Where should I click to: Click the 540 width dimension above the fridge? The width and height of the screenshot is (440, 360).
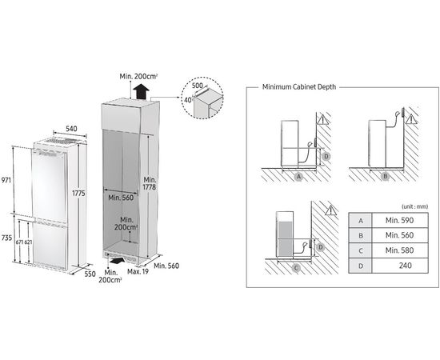coord(71,129)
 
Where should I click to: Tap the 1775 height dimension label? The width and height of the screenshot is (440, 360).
coord(78,193)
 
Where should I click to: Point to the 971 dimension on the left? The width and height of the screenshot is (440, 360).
coord(6,180)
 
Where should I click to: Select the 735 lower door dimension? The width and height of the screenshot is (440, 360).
coord(6,238)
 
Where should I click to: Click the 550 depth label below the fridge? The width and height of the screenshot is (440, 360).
coord(90,274)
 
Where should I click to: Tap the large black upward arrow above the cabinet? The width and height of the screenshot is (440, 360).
coord(141,92)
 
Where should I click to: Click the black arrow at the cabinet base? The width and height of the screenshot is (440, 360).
coord(118,261)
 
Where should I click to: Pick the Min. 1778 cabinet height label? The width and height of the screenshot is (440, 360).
coord(150,183)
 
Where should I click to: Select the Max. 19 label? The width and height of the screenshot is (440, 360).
coord(138,271)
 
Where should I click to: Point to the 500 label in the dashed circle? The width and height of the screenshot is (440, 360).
coord(198,86)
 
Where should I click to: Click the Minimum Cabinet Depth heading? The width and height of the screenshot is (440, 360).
coord(299,86)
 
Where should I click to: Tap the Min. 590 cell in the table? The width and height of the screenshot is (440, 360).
coord(399,220)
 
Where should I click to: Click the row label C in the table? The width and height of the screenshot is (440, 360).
coord(361,250)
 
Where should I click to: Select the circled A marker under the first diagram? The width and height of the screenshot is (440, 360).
coord(299,177)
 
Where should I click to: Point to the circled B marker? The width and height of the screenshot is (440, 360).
coord(386,176)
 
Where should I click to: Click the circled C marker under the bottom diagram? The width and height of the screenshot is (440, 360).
coord(296,268)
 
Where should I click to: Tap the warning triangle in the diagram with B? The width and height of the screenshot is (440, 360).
coord(411,119)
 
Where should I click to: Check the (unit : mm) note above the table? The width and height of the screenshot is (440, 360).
coord(415,206)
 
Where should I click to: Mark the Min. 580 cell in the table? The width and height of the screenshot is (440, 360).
coord(399,250)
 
